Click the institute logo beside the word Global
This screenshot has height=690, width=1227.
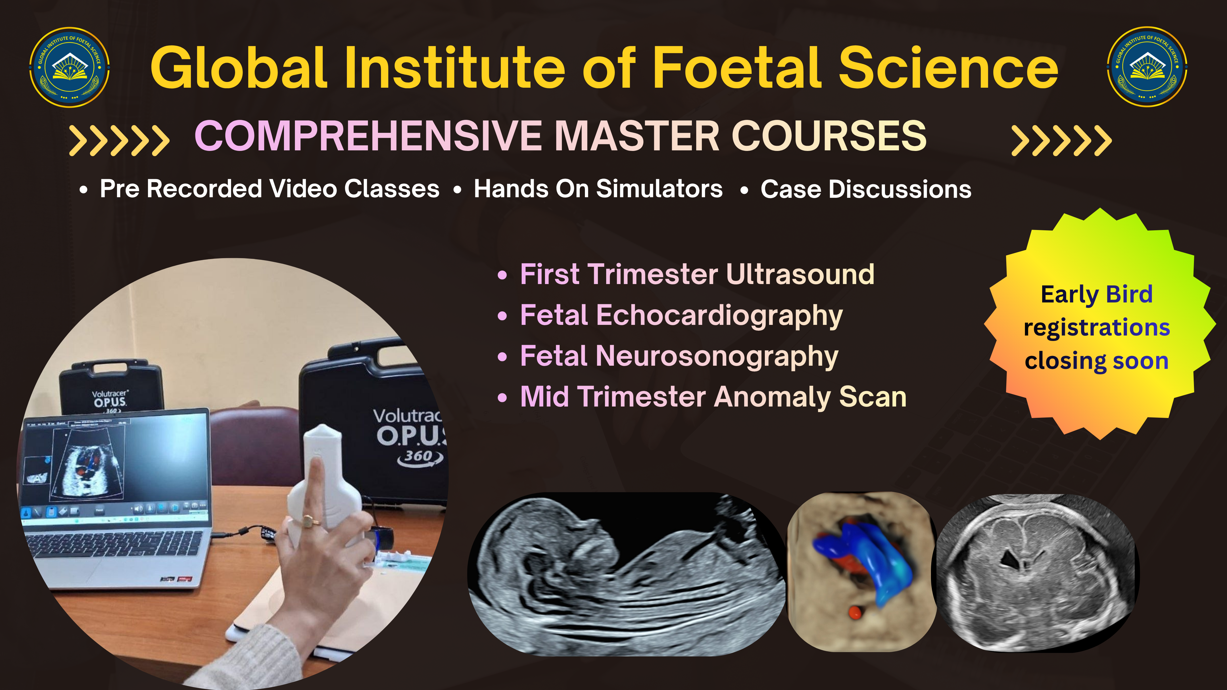click(x=70, y=67)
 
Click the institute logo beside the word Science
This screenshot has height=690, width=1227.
click(x=1147, y=67)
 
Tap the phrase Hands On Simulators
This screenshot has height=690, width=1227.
click(x=598, y=189)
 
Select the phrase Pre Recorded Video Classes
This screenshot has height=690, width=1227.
click(x=270, y=189)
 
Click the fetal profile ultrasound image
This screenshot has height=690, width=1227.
click(x=626, y=574)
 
